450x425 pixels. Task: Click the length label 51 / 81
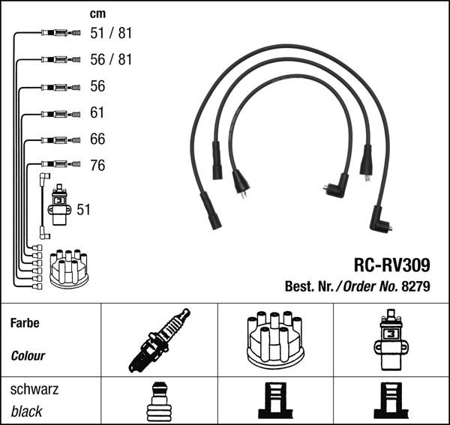[x=110, y=33]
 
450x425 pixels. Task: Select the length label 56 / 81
[x=110, y=59]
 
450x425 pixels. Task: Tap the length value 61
[x=97, y=113]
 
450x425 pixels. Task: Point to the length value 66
[x=97, y=139]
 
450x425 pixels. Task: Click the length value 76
[x=97, y=166]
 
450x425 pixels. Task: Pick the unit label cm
[x=97, y=13]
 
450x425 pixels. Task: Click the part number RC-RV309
[x=391, y=265]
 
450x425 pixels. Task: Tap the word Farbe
[x=25, y=324]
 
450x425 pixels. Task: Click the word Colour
[x=28, y=356]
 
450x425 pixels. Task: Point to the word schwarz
[x=34, y=391]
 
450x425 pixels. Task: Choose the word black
[x=26, y=412]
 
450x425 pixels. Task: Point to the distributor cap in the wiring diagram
[x=69, y=268]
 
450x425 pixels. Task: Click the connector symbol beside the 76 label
[x=58, y=163]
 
